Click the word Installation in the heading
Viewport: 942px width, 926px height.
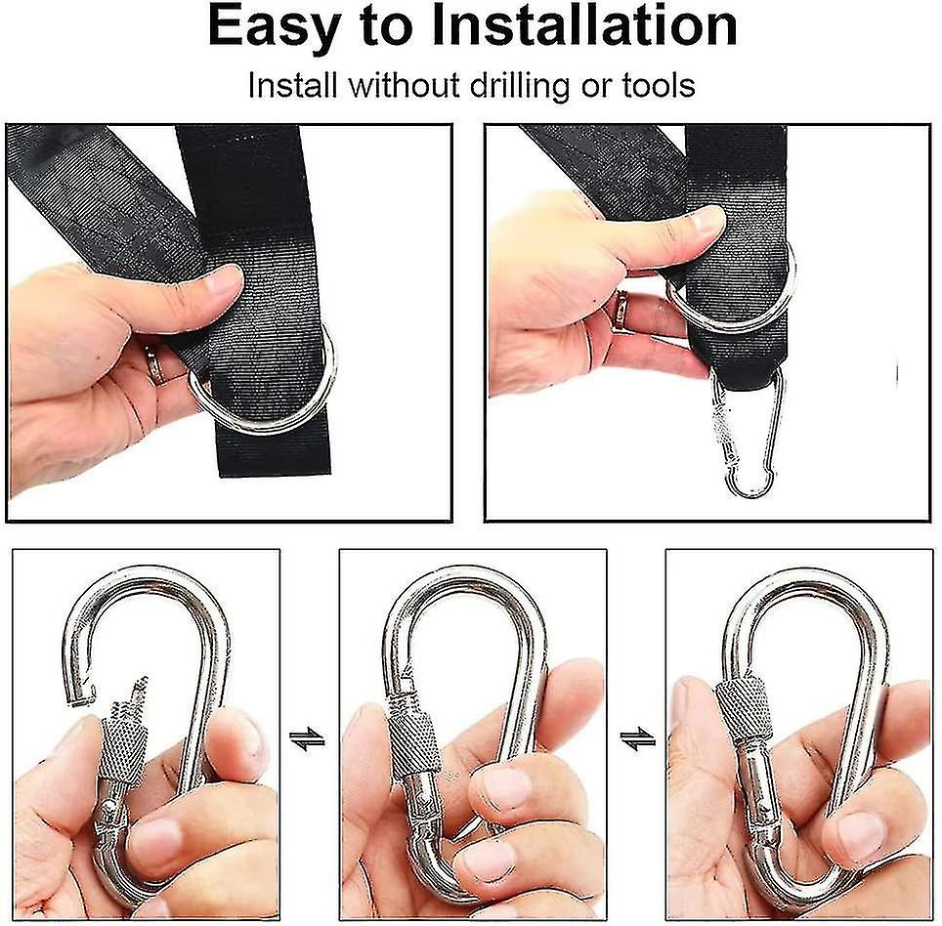pyautogui.click(x=584, y=25)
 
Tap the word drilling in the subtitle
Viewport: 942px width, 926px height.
pyautogui.click(x=519, y=85)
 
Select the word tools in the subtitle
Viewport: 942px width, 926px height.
pyautogui.click(x=658, y=85)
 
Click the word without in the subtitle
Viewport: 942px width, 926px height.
pyautogui.click(x=405, y=85)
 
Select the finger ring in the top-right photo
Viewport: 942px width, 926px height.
pyautogui.click(x=621, y=310)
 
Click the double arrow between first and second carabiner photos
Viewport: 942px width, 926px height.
pyautogui.click(x=307, y=738)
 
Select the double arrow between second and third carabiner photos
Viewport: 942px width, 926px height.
pyautogui.click(x=637, y=738)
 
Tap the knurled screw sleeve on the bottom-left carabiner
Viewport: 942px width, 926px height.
pyautogui.click(x=124, y=744)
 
